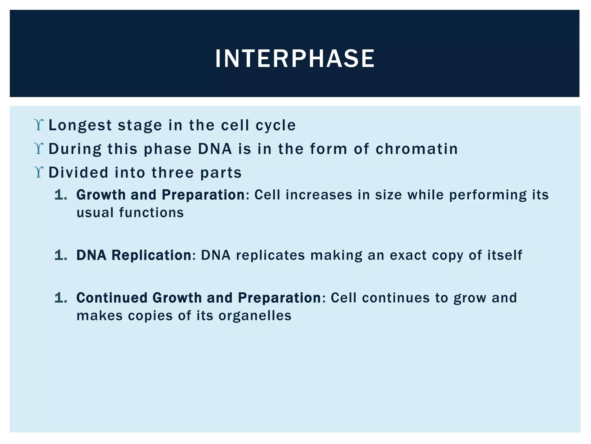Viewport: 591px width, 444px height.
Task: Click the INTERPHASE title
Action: point(295,59)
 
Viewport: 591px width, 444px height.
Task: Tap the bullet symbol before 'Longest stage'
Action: point(38,125)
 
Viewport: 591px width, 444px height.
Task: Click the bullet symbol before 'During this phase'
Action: point(38,149)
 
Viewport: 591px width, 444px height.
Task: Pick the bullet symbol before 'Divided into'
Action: point(38,173)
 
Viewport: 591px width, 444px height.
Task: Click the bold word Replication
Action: point(151,255)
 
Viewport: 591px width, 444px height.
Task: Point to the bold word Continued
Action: point(112,298)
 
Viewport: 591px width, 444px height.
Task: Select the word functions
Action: point(151,212)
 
